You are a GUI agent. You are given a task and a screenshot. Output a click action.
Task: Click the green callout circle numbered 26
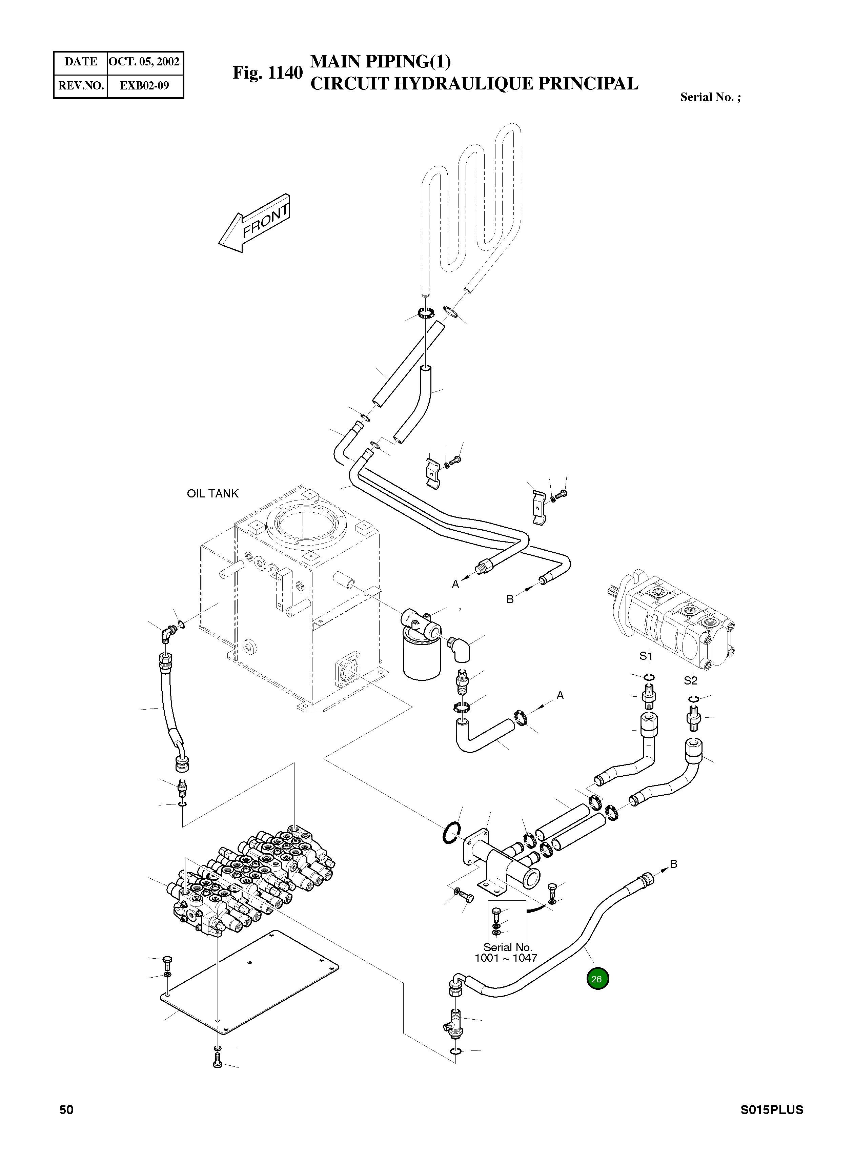[597, 979]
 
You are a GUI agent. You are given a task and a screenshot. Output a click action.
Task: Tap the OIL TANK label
[212, 494]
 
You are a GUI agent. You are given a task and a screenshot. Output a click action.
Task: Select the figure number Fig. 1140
[267, 73]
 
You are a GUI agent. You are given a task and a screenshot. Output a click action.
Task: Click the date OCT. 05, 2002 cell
[144, 62]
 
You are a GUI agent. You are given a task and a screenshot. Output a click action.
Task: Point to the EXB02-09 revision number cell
[144, 86]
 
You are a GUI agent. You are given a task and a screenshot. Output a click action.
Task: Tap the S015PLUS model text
[771, 1110]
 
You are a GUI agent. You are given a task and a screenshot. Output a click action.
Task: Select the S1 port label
[646, 656]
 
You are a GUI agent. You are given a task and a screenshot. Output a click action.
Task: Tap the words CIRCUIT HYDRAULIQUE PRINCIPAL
[474, 84]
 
